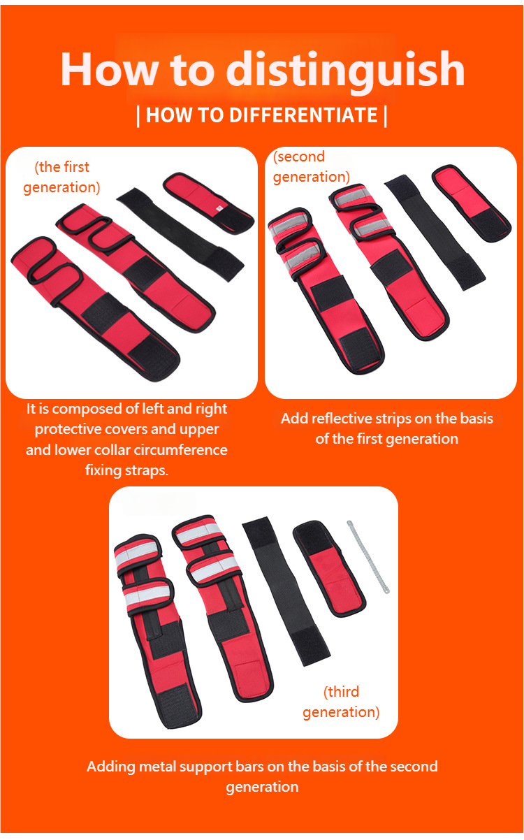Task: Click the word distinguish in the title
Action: [x=345, y=71]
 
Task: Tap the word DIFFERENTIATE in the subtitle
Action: [x=303, y=115]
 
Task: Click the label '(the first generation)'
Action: [x=62, y=177]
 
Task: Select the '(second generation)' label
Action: [x=311, y=167]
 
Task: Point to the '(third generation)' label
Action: [x=341, y=702]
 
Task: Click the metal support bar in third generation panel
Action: [x=368, y=557]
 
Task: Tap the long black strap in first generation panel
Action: [x=180, y=234]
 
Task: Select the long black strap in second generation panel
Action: [x=435, y=231]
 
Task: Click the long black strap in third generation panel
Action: [x=286, y=591]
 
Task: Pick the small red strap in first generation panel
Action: [x=208, y=203]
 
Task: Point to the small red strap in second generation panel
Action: [x=472, y=203]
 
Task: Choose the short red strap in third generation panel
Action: [x=329, y=568]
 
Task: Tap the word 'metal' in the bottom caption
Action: [x=157, y=767]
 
